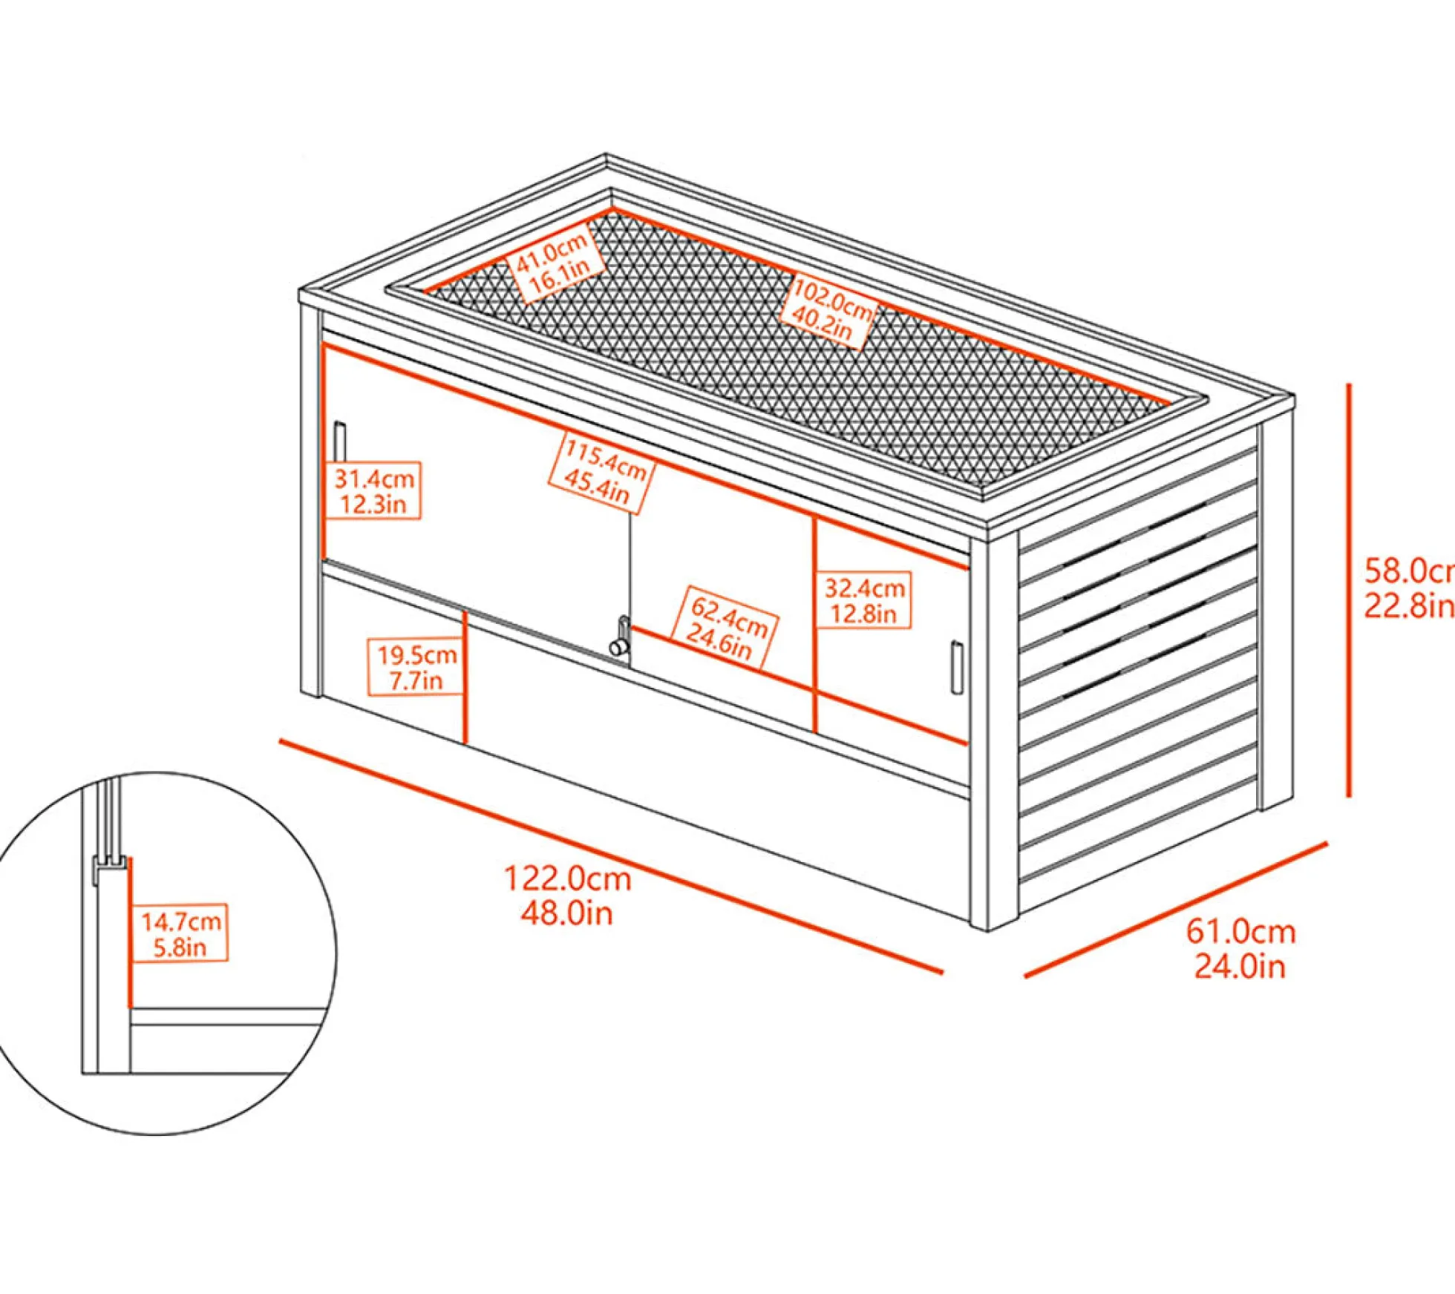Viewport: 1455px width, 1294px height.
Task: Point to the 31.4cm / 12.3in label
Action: click(x=373, y=490)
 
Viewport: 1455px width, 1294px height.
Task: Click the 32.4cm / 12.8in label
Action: click(x=864, y=600)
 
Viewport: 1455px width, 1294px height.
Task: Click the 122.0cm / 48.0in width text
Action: click(x=567, y=896)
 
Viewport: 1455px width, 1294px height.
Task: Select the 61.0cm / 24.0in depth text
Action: click(x=1240, y=949)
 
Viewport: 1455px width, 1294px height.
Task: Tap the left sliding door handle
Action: click(x=340, y=442)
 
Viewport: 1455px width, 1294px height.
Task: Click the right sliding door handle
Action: click(x=957, y=668)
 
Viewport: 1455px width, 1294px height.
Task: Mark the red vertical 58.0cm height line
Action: click(x=1349, y=590)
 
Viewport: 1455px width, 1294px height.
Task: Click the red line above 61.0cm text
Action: click(x=1176, y=909)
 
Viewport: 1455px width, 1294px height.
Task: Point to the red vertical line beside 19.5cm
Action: click(x=465, y=677)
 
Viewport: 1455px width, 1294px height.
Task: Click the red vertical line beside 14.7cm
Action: click(x=129, y=933)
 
